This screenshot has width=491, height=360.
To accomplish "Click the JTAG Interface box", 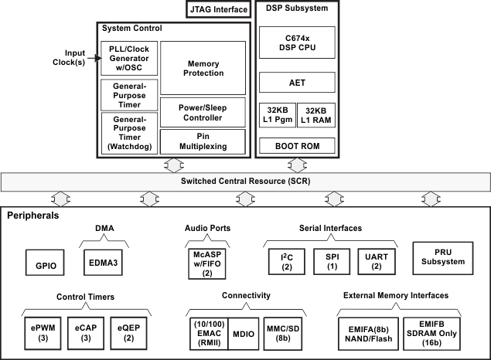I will click(x=218, y=10).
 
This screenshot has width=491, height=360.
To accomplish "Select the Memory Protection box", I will click(x=203, y=68).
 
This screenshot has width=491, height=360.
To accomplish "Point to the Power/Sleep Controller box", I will click(x=203, y=112).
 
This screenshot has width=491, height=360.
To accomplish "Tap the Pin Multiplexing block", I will click(x=203, y=141).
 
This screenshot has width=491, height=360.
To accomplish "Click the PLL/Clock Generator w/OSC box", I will click(x=129, y=59).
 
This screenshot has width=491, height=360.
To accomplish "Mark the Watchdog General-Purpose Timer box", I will click(x=129, y=134).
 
